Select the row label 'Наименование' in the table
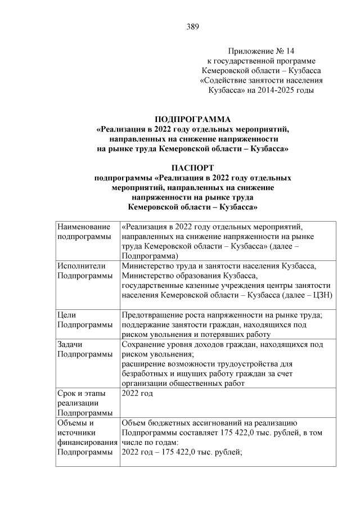84,227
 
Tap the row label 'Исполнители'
79,265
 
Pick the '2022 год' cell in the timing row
137,393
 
